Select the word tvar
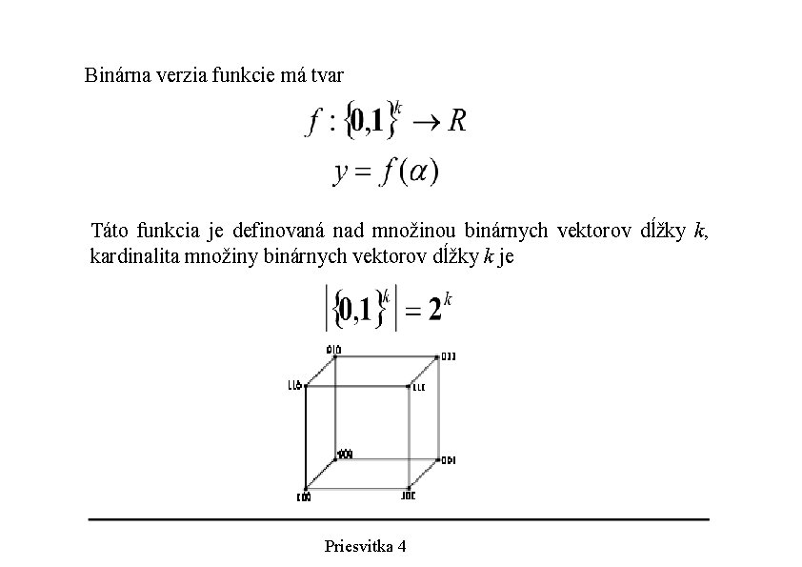tap(326, 73)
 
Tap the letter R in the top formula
tap(457, 122)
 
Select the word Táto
tap(110, 231)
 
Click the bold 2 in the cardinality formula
tap(434, 311)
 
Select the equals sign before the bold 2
tap(411, 312)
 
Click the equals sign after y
tap(363, 172)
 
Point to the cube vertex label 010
tap(333, 349)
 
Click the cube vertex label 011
tap(448, 356)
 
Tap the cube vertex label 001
tap(448, 459)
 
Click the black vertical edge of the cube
tap(306, 438)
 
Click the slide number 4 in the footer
tap(402, 546)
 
